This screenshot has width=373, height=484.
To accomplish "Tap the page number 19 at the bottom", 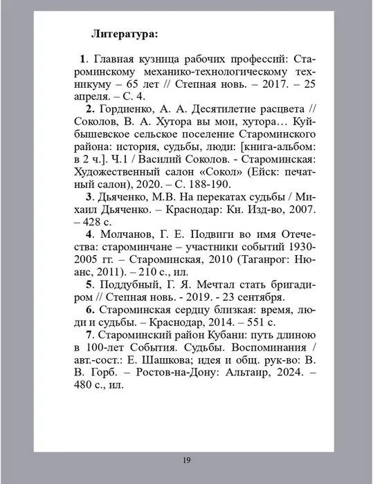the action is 187,460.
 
